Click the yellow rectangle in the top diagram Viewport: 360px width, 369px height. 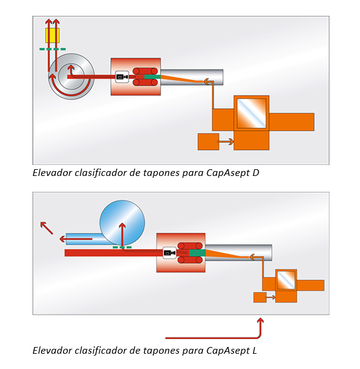[x=53, y=35]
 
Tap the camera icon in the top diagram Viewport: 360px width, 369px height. [x=122, y=77]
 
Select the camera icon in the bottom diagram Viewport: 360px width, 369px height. [x=169, y=253]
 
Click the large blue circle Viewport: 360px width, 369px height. [x=122, y=223]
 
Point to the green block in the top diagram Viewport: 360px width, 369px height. [x=152, y=77]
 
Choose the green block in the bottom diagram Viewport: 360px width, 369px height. [x=197, y=253]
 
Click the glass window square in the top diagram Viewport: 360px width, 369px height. [x=251, y=113]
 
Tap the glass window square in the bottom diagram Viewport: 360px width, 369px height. [x=286, y=280]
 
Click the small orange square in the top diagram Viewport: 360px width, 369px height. [x=208, y=142]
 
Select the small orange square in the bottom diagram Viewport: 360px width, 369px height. [x=260, y=298]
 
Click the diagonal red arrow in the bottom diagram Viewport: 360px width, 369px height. [x=46, y=228]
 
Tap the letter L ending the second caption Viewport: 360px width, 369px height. [x=254, y=351]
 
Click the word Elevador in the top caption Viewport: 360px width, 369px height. [x=53, y=173]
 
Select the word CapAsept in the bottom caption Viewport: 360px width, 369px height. [x=228, y=351]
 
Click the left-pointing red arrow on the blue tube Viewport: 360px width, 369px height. [x=76, y=239]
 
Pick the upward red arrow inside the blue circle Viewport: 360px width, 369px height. [x=122, y=235]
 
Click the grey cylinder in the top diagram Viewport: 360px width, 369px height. [x=192, y=77]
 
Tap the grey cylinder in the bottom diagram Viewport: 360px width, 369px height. [x=238, y=253]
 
